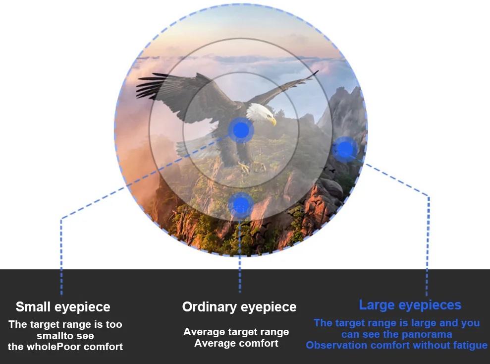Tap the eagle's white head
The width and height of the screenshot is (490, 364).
[261, 112]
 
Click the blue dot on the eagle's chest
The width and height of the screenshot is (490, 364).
[241, 130]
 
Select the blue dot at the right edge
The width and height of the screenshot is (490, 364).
[345, 149]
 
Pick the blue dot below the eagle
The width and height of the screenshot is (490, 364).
[241, 205]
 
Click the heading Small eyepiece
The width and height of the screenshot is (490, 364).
[63, 307]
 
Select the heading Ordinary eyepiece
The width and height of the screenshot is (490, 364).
[239, 307]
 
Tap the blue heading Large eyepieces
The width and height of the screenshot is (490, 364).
[410, 305]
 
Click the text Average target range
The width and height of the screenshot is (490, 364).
[236, 332]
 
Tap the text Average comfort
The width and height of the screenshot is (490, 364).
[236, 343]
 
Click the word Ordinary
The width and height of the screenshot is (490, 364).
[210, 307]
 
